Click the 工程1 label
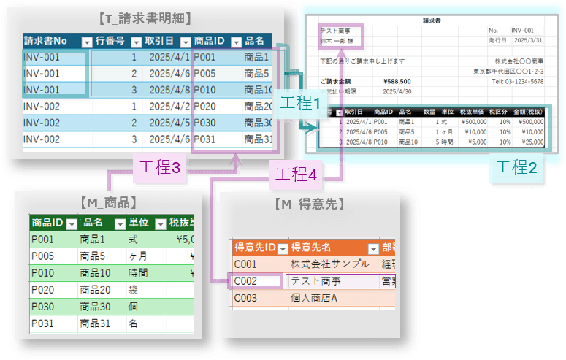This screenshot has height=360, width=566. pyautogui.click(x=301, y=104)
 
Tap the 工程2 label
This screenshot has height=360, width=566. pyautogui.click(x=516, y=166)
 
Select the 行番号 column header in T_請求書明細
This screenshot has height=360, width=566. pyautogui.click(x=110, y=41)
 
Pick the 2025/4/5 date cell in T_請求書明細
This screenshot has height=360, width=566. pyautogui.click(x=169, y=123)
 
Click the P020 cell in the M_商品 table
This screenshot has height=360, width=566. pyautogui.click(x=42, y=289)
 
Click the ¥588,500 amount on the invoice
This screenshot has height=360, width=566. pyautogui.click(x=397, y=82)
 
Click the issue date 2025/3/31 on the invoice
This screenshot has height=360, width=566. pyautogui.click(x=527, y=40)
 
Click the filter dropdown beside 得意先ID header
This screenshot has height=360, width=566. pyautogui.click(x=282, y=247)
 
